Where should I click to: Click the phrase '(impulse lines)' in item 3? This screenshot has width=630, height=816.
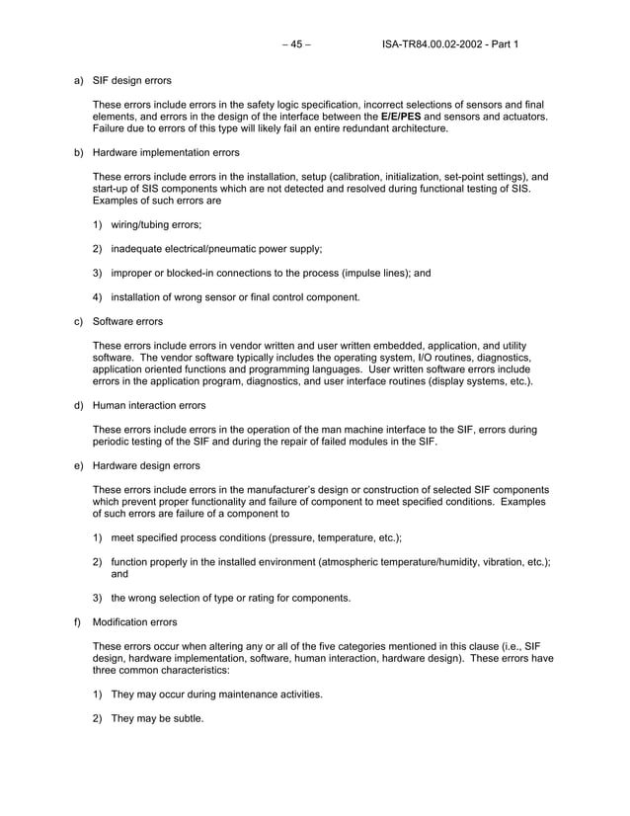pyautogui.click(x=374, y=273)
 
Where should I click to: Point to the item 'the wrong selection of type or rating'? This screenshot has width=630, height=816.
pyautogui.click(x=230, y=598)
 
